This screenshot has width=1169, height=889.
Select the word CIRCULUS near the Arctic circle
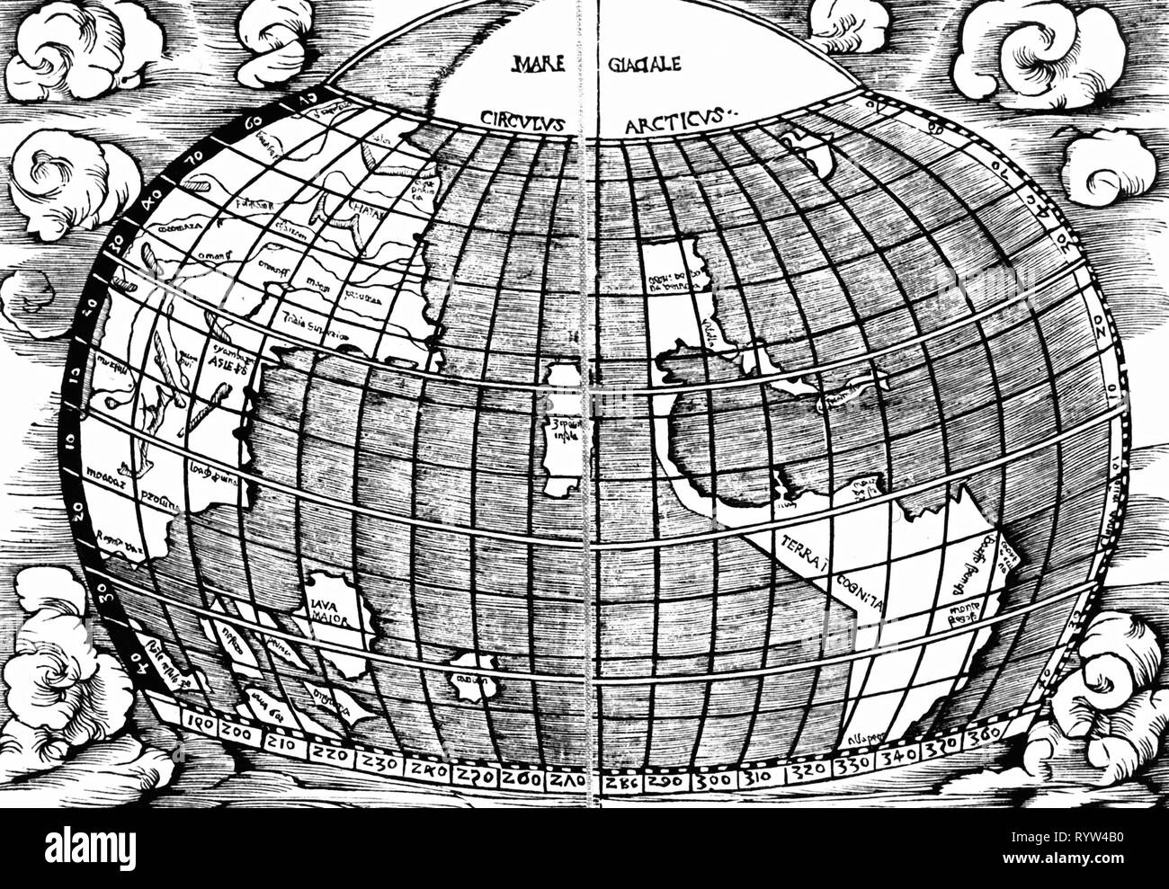pos(523,119)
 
